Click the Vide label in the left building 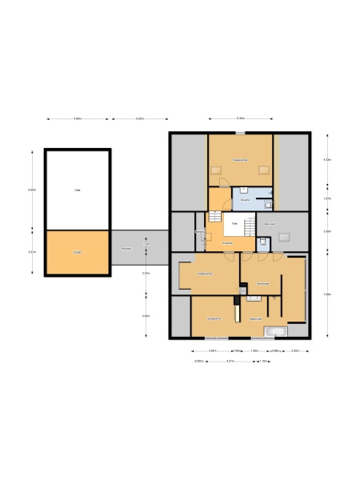[x=78, y=190]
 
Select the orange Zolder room [x=78, y=252]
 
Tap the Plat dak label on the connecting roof [x=126, y=250]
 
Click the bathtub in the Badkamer [x=275, y=331]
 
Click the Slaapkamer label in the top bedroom [x=240, y=160]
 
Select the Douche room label [x=246, y=199]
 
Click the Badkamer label [x=256, y=318]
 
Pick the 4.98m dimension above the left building [x=78, y=119]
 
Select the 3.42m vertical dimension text [x=146, y=316]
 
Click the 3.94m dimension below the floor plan [x=213, y=350]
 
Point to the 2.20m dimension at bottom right [x=295, y=350]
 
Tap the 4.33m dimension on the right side [x=326, y=159]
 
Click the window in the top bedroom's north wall [x=241, y=133]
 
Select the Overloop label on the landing [x=228, y=242]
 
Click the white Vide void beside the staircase [x=235, y=223]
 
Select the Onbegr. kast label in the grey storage [x=270, y=225]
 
